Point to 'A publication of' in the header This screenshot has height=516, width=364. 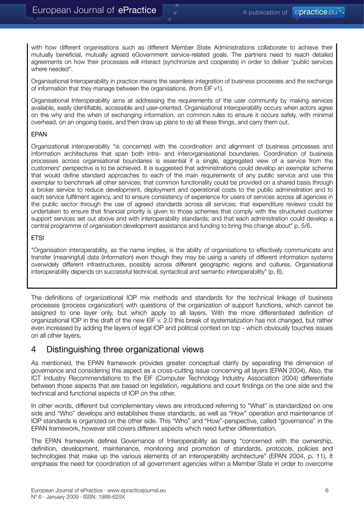pos(264,12)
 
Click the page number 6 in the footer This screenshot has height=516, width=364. pos(327,490)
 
